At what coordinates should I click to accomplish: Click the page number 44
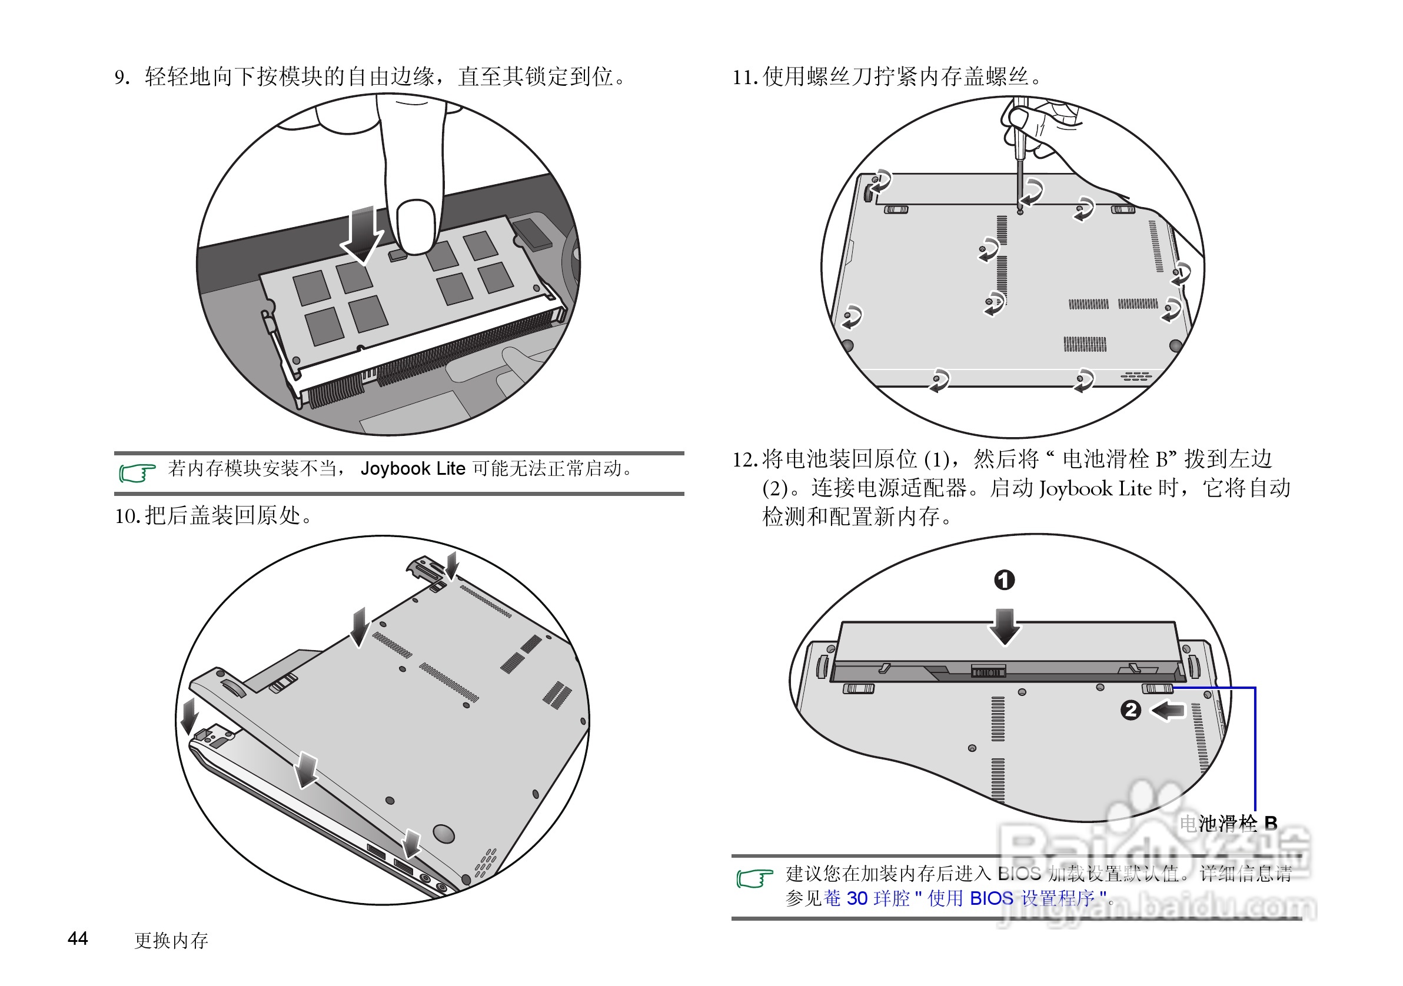pyautogui.click(x=78, y=938)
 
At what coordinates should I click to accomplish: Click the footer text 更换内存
pyautogui.click(x=171, y=941)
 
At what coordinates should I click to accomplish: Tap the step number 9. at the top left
pyautogui.click(x=122, y=78)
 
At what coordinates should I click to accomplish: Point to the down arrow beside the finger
pyautogui.click(x=363, y=235)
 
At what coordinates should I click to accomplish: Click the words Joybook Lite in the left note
pyautogui.click(x=413, y=468)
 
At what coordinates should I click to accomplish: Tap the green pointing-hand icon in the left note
pyautogui.click(x=137, y=472)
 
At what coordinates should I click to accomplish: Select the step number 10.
pyautogui.click(x=128, y=516)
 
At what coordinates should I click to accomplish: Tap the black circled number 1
pyautogui.click(x=1005, y=579)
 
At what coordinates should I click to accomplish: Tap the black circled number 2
pyautogui.click(x=1131, y=710)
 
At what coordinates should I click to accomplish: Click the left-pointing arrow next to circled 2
pyautogui.click(x=1167, y=711)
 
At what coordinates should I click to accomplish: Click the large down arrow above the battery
pyautogui.click(x=1005, y=626)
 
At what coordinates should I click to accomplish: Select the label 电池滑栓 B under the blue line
pyautogui.click(x=1228, y=824)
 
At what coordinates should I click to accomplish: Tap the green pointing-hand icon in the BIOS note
pyautogui.click(x=754, y=878)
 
